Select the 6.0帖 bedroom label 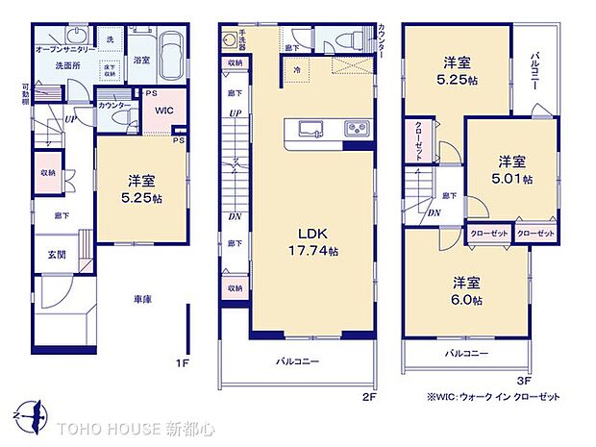click(x=468, y=291)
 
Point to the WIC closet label click(x=163, y=110)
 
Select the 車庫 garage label click(x=141, y=300)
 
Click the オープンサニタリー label click(x=64, y=48)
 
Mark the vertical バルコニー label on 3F click(x=534, y=69)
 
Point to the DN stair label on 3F click(x=435, y=212)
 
